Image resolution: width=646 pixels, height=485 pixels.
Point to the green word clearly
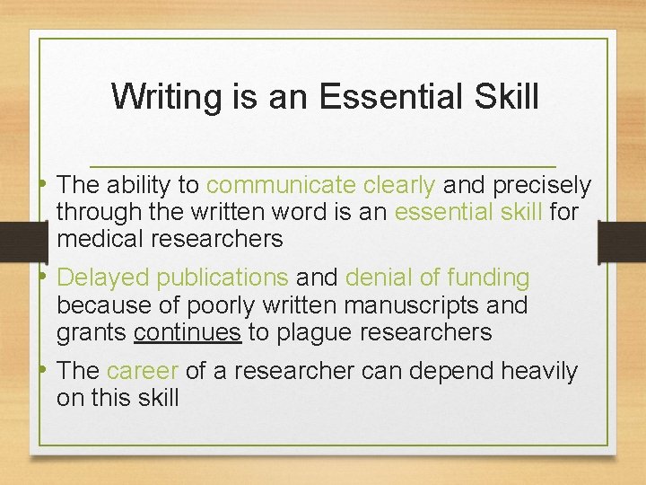400,186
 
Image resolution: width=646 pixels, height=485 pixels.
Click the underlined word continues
188,332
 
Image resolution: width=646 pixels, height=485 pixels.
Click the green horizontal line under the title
323,166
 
